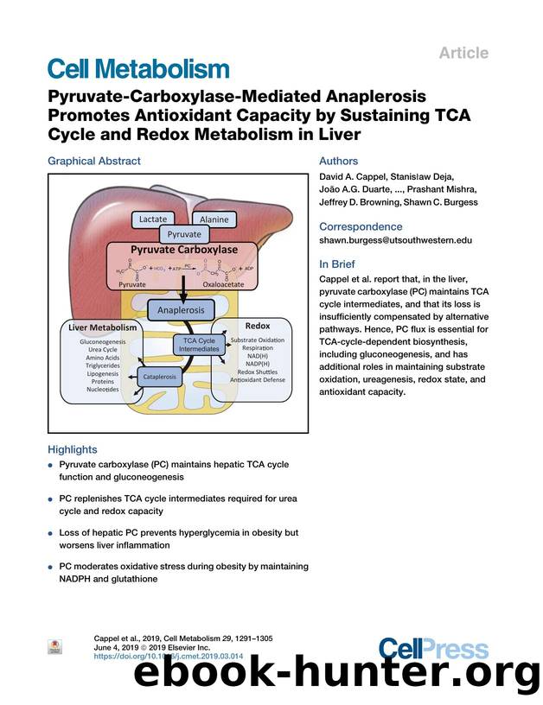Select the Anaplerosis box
(181, 308)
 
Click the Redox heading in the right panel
(258, 326)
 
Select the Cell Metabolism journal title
(138, 68)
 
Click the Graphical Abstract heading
(93, 161)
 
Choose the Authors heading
(338, 161)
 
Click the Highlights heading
(73, 449)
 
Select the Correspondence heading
(361, 226)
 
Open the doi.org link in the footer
(157, 657)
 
